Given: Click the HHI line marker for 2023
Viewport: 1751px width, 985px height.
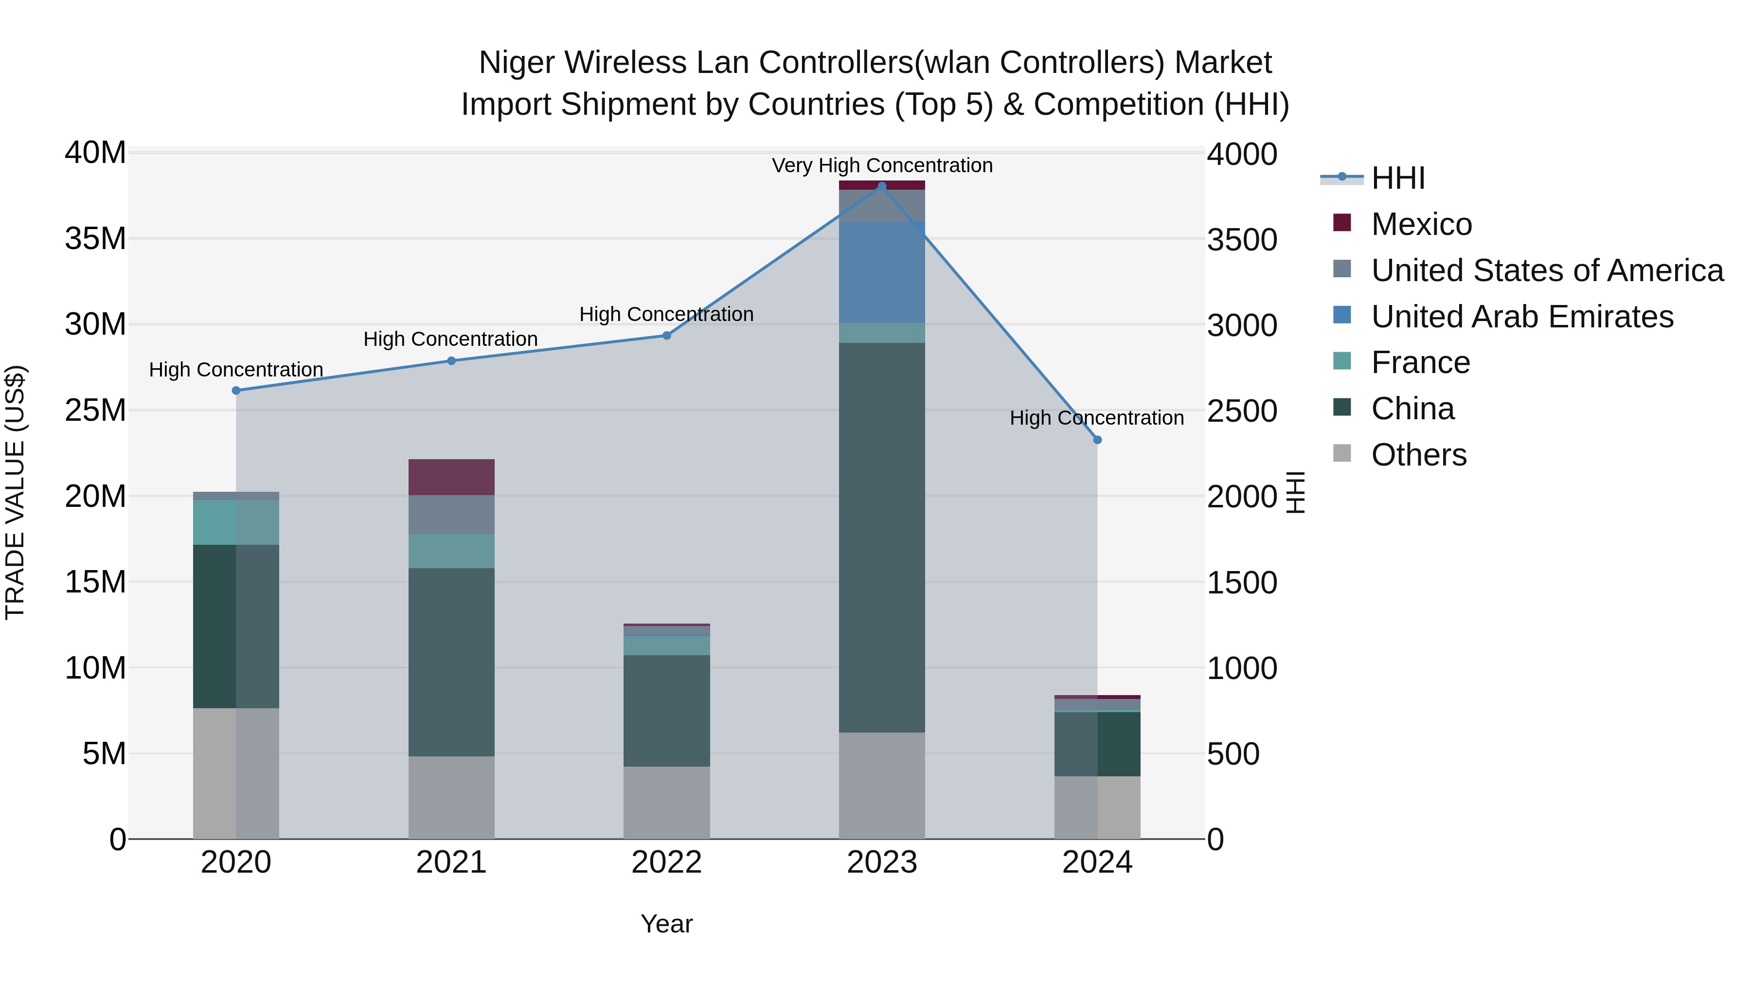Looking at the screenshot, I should pos(882,186).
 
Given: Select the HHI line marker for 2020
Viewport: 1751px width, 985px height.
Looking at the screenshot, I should pos(236,390).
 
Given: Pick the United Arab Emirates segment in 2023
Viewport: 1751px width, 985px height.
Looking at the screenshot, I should pos(882,272).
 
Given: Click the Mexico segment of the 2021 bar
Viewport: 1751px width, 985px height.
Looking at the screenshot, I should pos(451,477).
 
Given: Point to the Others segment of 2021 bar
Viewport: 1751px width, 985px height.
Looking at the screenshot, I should pos(451,797).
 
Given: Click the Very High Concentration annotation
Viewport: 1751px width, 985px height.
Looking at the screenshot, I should pos(882,165).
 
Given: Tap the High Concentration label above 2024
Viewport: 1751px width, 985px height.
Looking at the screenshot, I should pos(1096,417).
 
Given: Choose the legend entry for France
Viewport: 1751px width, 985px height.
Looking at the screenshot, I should pos(1420,362).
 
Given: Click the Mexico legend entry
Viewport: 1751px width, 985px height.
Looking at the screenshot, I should pos(1421,224).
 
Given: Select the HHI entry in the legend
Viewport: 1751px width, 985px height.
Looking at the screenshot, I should pos(1397,178).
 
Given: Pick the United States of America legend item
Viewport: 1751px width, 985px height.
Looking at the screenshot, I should pos(1546,270).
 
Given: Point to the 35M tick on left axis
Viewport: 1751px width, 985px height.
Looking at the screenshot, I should pos(95,239).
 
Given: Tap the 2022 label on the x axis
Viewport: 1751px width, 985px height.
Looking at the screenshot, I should pos(666,862).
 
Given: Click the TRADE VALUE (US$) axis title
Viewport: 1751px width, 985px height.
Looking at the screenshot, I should pos(15,492).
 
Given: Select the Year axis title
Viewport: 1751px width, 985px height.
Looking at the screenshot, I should pos(666,924).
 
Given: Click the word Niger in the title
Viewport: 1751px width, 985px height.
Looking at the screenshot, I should pos(517,63).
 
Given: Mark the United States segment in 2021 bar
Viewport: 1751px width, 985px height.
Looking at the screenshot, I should pos(451,515).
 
